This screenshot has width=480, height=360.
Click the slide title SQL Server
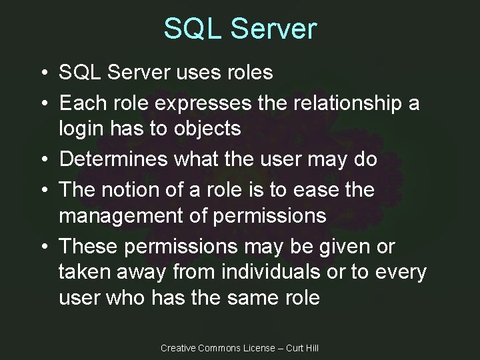pos(240,29)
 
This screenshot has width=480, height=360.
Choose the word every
pos(400,272)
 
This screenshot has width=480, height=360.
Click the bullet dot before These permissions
pos(42,247)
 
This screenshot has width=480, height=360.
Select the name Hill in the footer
pos(310,348)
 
